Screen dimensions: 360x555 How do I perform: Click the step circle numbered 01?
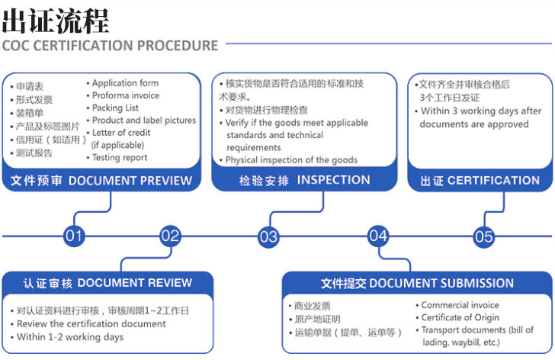click(74, 236)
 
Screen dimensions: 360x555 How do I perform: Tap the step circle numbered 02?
click(171, 236)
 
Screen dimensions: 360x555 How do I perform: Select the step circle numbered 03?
click(268, 236)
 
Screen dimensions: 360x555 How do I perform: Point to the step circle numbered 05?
click(484, 236)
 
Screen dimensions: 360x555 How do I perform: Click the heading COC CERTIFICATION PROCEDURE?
click(111, 45)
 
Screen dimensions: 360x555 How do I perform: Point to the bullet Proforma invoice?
click(126, 95)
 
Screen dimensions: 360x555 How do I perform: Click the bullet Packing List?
click(117, 108)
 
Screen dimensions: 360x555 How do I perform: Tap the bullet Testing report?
click(120, 158)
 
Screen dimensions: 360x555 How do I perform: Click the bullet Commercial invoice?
click(460, 305)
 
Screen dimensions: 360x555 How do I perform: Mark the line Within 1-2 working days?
click(69, 336)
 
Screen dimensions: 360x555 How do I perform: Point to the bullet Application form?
click(125, 83)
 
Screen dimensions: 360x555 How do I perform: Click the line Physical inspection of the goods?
click(291, 160)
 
